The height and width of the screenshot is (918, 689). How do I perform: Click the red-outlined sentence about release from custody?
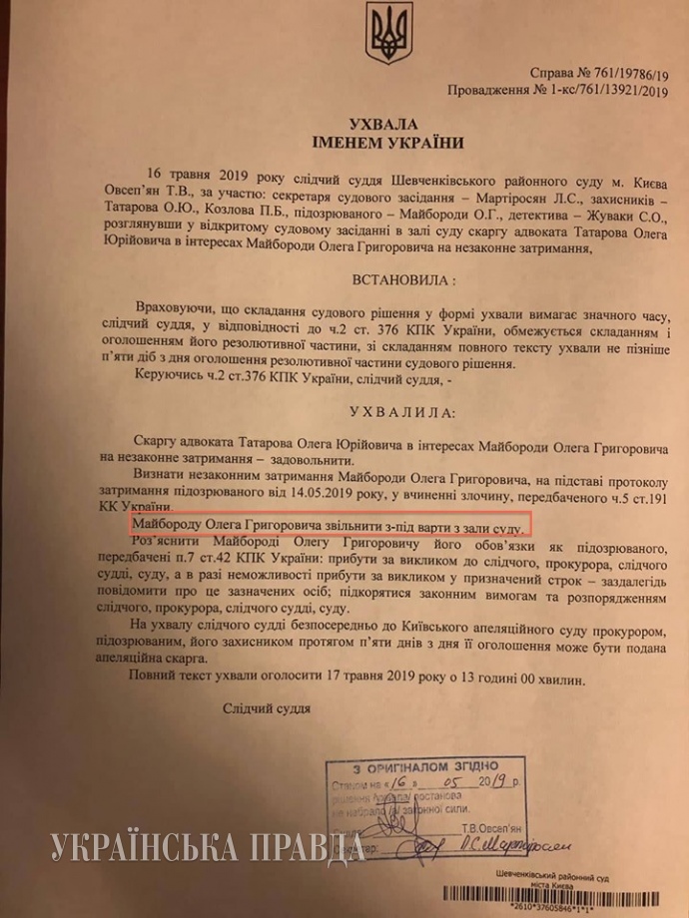[x=329, y=524]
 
